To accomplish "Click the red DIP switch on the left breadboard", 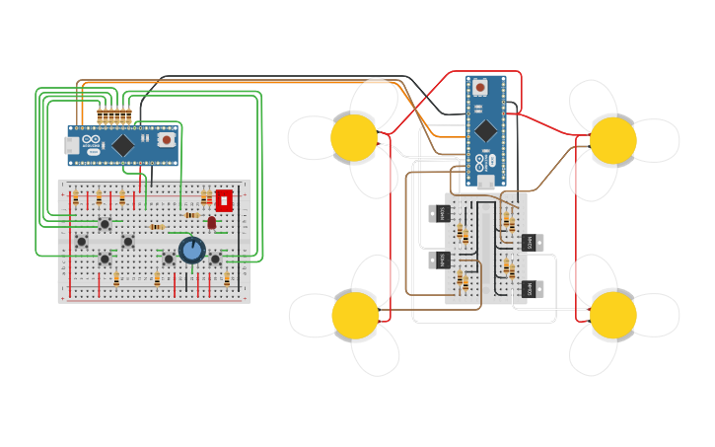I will point(224,200).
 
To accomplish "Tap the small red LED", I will point(211,223).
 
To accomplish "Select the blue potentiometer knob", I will point(191,250).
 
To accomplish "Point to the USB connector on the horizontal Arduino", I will point(72,145).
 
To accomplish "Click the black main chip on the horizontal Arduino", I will point(122,145).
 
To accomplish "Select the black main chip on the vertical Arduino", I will point(486,130).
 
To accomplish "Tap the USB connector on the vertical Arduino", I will point(485,182).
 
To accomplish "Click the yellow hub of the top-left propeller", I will point(354,138).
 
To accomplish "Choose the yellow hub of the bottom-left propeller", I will point(355,315).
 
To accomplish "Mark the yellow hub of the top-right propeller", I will point(613,140).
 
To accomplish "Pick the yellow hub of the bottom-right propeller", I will point(613,315).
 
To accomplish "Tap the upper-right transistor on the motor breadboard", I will point(533,242).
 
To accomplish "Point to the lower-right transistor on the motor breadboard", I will point(533,289).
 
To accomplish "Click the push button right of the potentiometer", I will point(215,259).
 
